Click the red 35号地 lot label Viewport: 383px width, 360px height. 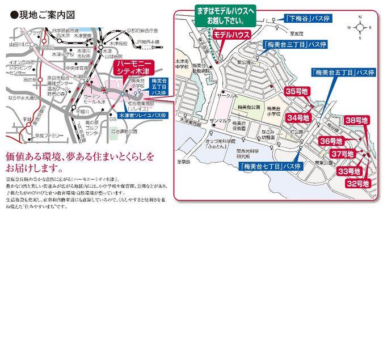tap(296, 91)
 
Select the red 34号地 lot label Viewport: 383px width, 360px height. tap(298, 118)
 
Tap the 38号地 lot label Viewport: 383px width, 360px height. tap(357, 120)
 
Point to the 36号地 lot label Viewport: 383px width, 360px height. tap(331, 141)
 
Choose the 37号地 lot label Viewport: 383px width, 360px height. tap(343, 154)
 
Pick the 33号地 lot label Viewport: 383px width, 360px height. tap(350, 171)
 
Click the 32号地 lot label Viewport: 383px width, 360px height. tap(358, 184)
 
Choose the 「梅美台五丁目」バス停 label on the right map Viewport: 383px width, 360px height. tap(343, 72)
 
